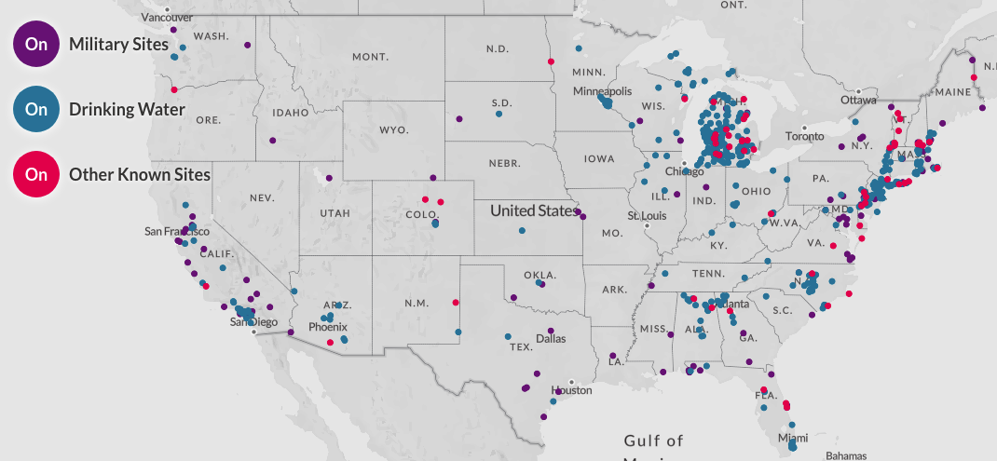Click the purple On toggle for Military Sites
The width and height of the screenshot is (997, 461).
(36, 44)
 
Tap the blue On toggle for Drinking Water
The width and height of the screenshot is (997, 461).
(36, 109)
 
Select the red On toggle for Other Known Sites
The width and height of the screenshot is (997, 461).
(36, 174)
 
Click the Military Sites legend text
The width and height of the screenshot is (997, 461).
(118, 44)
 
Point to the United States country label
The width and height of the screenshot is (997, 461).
(534, 210)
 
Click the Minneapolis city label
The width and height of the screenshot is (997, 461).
(602, 91)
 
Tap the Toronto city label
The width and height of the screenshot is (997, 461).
(805, 136)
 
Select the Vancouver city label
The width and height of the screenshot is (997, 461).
(166, 17)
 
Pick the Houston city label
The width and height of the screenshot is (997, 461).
(571, 390)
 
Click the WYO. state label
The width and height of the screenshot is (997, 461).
(393, 129)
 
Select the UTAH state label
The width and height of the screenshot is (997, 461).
(335, 213)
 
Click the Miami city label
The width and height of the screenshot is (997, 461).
(793, 438)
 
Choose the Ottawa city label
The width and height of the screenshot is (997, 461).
(858, 100)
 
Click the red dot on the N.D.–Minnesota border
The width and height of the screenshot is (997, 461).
(551, 61)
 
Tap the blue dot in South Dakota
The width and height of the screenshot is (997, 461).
(498, 115)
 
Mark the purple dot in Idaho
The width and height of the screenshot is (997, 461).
(272, 141)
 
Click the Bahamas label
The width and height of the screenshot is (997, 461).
(846, 455)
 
